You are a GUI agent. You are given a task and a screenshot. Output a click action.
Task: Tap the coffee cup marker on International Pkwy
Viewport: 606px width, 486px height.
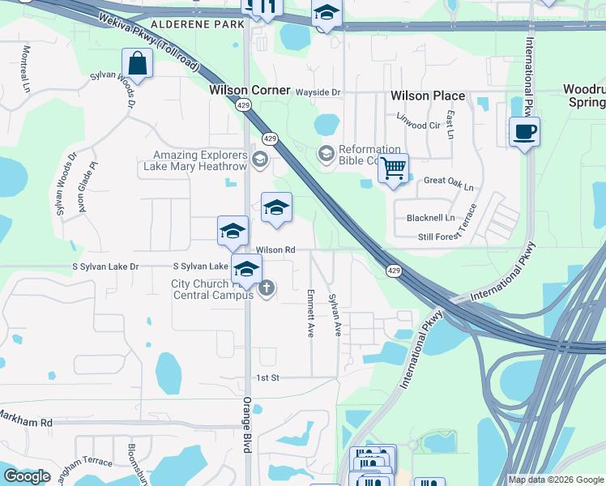524,131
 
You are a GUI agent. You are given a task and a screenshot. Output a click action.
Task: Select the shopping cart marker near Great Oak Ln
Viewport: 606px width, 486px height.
393,168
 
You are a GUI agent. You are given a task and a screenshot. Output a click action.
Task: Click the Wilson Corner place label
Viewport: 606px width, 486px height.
250,90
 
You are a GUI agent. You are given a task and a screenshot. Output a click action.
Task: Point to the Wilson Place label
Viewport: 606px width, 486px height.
428,96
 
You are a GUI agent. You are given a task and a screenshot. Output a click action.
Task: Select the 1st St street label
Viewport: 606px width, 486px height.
267,378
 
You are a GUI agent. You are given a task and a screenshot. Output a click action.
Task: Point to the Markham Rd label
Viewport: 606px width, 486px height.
26,423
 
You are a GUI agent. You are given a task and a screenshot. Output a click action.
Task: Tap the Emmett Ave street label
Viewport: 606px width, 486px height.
310,313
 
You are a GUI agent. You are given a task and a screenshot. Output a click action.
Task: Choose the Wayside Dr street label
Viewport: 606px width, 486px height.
318,92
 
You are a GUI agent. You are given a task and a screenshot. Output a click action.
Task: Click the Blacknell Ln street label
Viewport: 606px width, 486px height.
431,218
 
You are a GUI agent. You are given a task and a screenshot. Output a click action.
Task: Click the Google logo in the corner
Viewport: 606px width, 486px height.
27,476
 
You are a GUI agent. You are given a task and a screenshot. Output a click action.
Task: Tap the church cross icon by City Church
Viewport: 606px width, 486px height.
267,288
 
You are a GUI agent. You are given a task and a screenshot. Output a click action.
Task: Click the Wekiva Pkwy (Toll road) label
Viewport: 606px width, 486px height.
151,41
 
